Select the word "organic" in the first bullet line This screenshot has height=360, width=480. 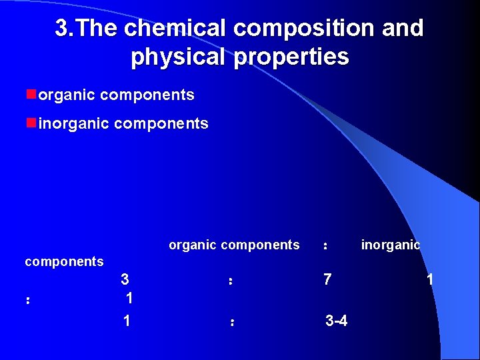click(x=67, y=95)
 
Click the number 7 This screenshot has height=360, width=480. click(x=327, y=280)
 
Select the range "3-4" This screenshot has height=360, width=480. click(x=336, y=321)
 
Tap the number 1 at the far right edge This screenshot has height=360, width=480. click(x=430, y=280)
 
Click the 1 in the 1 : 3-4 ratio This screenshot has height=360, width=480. click(x=127, y=321)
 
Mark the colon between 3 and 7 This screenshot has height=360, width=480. click(x=230, y=282)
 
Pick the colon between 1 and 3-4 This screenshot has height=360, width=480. click(x=231, y=323)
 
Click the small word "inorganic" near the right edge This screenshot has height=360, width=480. click(x=390, y=245)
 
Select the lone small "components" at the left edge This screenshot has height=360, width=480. click(x=64, y=262)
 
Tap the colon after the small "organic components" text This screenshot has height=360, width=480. click(x=325, y=247)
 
